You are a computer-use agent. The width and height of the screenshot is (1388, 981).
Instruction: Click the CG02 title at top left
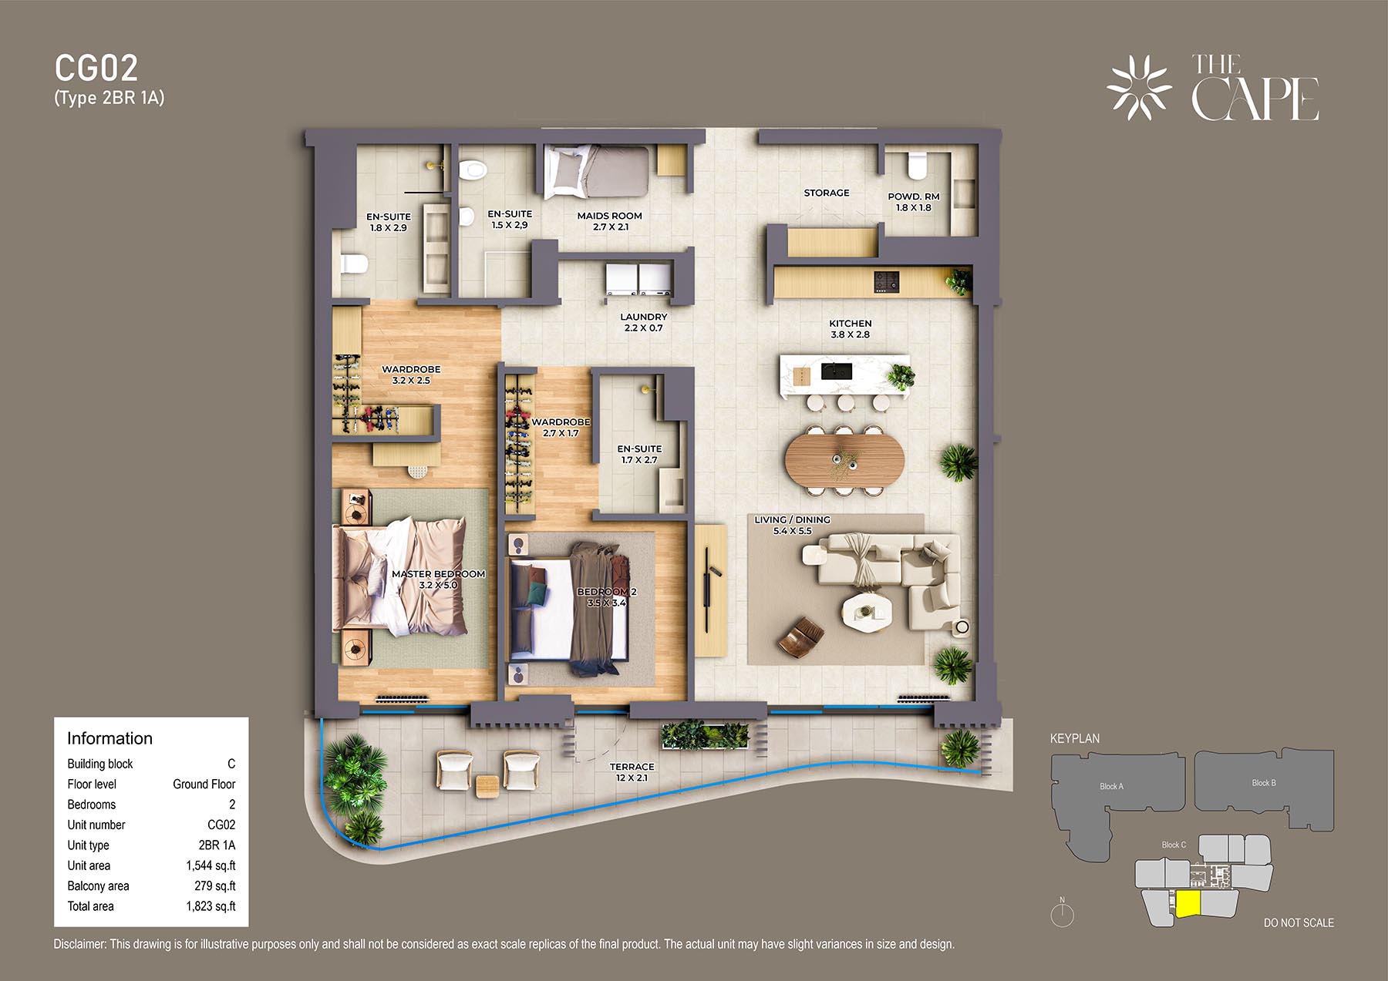(x=96, y=69)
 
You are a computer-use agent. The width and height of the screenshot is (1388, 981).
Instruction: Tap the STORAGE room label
(x=827, y=193)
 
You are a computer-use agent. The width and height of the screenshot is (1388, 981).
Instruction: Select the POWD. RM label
(x=914, y=197)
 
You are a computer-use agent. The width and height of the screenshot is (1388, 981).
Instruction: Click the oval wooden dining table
(x=844, y=459)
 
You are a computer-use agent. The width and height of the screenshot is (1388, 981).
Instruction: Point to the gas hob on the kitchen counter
(x=886, y=282)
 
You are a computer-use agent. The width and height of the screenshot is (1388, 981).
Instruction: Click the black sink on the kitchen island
(x=836, y=371)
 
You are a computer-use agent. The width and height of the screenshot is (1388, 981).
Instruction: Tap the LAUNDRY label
(x=644, y=317)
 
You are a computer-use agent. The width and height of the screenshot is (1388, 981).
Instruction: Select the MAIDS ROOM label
(x=610, y=216)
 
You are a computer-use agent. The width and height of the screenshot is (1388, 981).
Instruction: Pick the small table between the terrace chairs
(x=487, y=786)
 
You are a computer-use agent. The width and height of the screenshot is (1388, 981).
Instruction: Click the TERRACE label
(x=632, y=767)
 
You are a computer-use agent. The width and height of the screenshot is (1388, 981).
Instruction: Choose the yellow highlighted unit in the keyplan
(x=1188, y=904)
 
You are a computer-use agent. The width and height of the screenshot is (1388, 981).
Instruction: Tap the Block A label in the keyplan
(x=1111, y=786)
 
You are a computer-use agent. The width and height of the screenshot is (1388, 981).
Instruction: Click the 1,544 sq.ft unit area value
(x=211, y=865)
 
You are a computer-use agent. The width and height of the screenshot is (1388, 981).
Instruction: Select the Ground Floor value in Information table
(x=204, y=784)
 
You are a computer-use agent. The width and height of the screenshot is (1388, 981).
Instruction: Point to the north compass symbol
(x=1062, y=913)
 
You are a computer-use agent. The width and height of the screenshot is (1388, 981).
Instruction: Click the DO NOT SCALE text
(x=1299, y=922)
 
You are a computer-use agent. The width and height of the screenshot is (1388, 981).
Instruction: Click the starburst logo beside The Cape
(x=1139, y=88)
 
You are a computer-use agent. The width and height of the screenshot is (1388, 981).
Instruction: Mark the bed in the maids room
(x=596, y=173)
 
